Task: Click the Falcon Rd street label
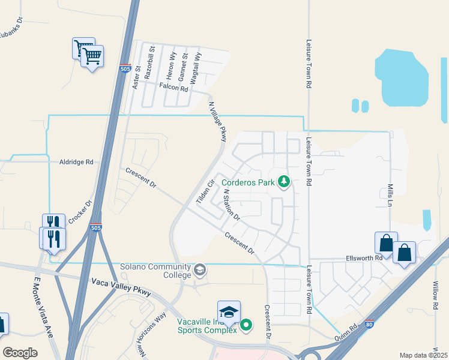coord(173,87)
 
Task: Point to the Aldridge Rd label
coord(76,162)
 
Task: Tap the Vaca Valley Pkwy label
coord(121,287)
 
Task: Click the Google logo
coord(20,352)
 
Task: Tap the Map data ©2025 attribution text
coord(423,355)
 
